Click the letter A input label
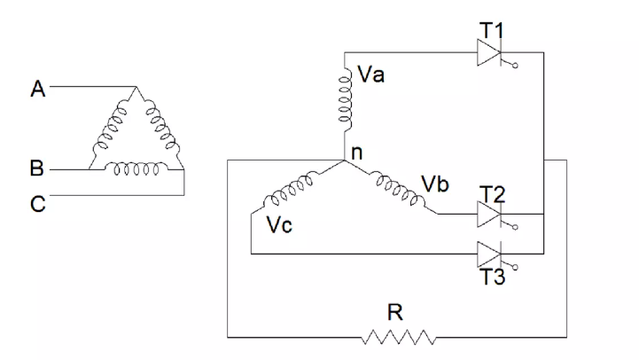coord(37,88)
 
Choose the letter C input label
coord(37,204)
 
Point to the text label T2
coord(491,192)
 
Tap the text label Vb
coord(434,184)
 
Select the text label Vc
coord(279,223)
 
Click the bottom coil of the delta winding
coord(136,166)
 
